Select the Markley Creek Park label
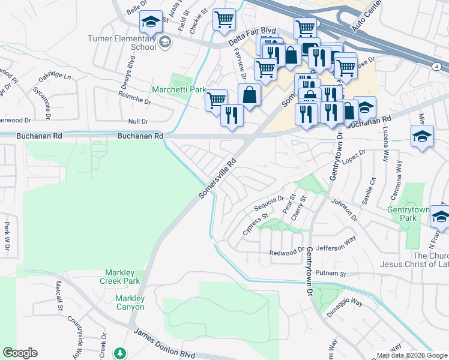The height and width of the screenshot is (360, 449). click(x=122, y=277)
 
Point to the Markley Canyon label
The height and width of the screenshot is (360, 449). click(x=130, y=302)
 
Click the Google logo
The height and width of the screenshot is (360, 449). click(x=20, y=352)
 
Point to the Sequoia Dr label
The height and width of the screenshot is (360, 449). click(x=268, y=203)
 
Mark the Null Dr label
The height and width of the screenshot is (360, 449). click(x=138, y=122)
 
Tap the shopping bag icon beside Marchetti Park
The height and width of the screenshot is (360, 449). click(x=249, y=95)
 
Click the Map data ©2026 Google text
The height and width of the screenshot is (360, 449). click(x=412, y=355)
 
